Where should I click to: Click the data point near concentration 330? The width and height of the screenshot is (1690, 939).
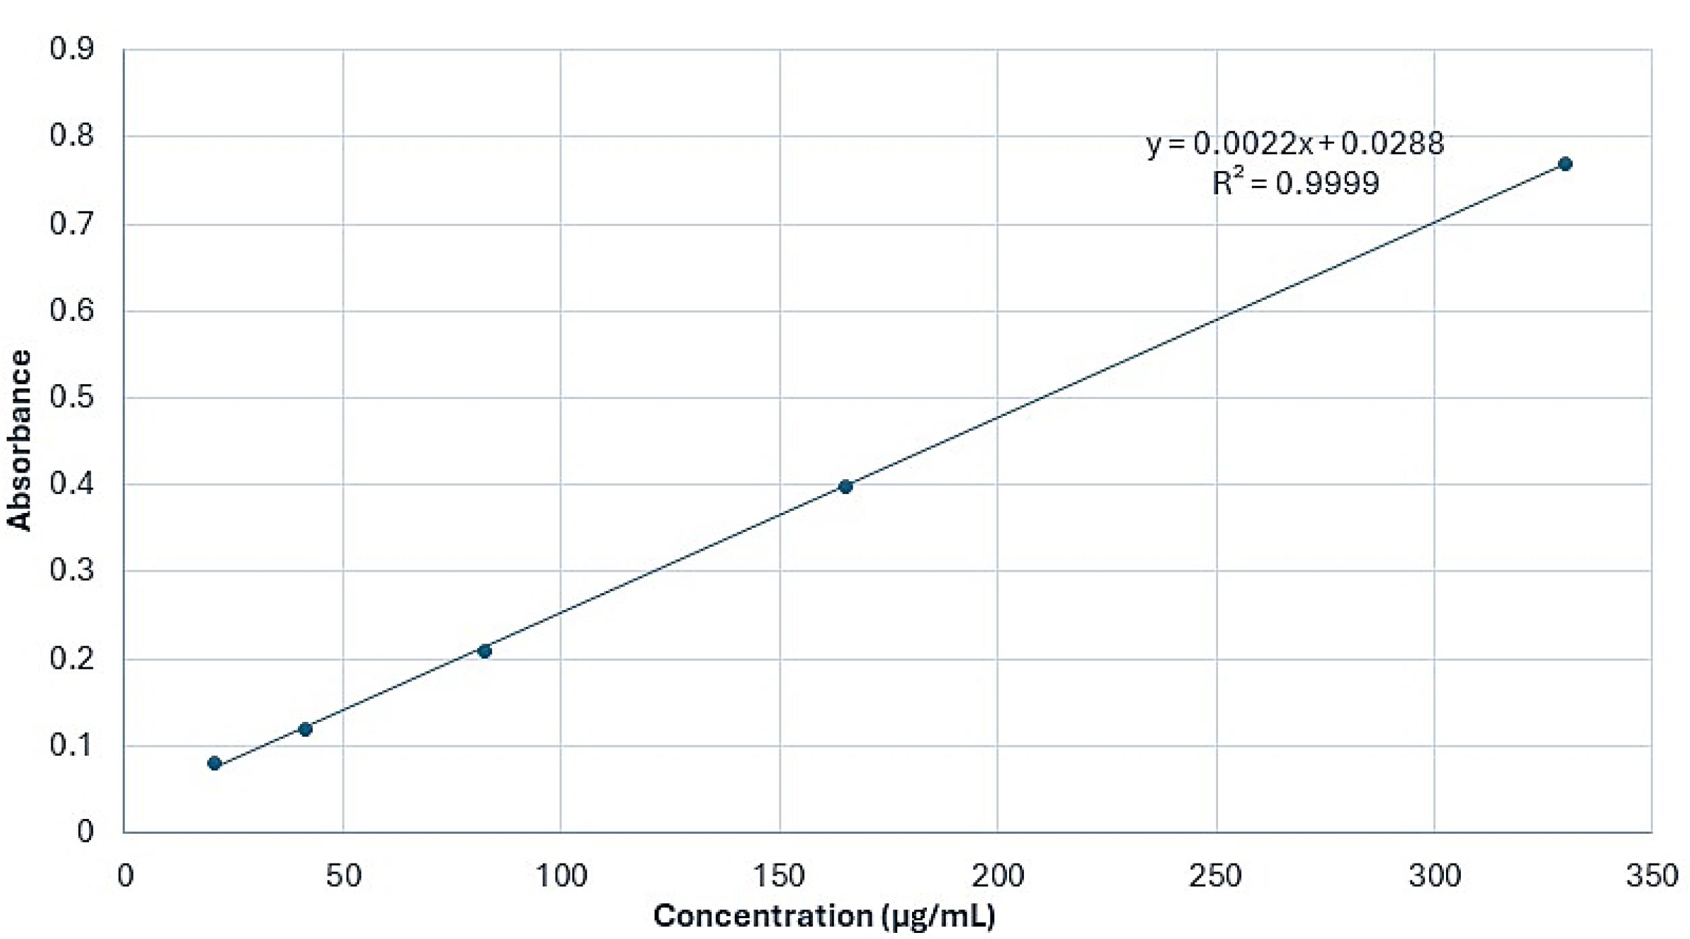tap(1565, 164)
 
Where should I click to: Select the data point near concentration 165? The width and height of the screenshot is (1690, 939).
tap(845, 486)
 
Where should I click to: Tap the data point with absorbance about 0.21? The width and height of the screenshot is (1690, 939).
tap(484, 650)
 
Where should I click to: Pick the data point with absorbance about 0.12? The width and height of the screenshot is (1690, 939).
tap(305, 729)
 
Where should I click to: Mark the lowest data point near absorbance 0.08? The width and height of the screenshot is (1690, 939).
tap(214, 763)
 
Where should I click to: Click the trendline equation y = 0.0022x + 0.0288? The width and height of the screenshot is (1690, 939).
tap(1295, 143)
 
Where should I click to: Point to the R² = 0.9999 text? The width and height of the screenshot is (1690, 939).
tap(1295, 183)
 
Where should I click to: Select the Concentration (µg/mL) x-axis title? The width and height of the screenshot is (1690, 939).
tap(824, 916)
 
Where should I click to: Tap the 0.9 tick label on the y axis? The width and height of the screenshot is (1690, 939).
tap(71, 49)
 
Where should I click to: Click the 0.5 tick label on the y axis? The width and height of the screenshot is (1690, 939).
tap(71, 397)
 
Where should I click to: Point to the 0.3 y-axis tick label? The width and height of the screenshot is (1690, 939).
tap(71, 571)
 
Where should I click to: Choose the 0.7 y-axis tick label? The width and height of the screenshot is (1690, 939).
tap(71, 224)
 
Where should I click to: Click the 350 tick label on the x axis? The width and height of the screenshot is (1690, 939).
tap(1651, 876)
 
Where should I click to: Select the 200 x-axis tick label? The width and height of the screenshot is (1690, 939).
tap(997, 876)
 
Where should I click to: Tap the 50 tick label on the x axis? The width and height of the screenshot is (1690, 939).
tap(343, 876)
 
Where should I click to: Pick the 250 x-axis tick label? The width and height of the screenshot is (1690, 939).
tap(1215, 876)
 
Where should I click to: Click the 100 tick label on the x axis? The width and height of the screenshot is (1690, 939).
tap(561, 876)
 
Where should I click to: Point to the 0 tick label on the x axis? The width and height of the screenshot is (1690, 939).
tap(125, 876)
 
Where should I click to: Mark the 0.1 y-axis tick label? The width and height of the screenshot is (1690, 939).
tap(71, 745)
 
